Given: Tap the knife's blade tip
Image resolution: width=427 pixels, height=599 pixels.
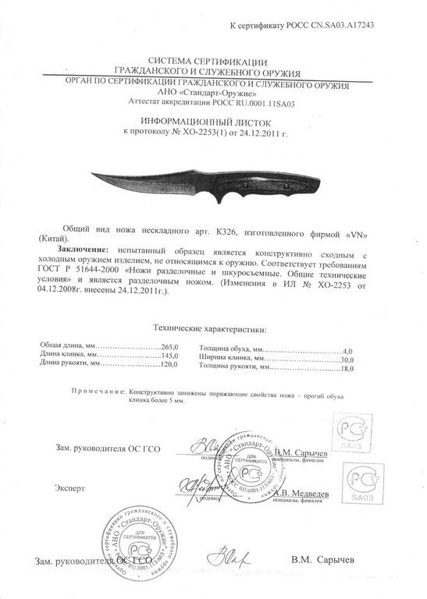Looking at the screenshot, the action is pos(84,175).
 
